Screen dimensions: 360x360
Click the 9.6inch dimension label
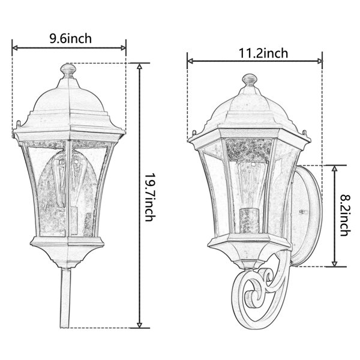pyautogui.click(x=71, y=38)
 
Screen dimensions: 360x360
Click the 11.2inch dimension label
pyautogui.click(x=263, y=53)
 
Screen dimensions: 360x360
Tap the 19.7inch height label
pyautogui.click(x=151, y=197)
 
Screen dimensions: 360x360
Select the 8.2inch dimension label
pyautogui.click(x=346, y=215)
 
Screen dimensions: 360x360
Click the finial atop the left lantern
pyautogui.click(x=68, y=71)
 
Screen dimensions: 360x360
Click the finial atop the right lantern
pyautogui.click(x=250, y=80)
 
